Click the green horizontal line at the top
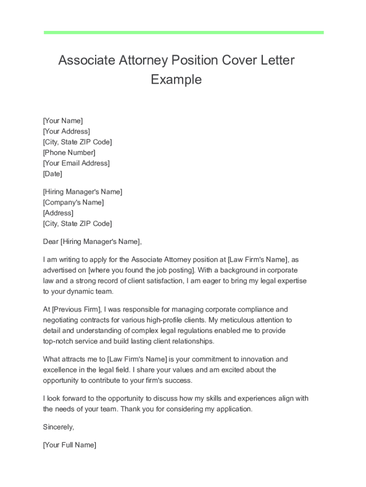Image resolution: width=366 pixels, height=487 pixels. (x=183, y=32)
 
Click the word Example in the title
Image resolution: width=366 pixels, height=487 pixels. (x=176, y=79)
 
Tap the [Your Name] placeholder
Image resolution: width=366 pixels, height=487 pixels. (x=63, y=121)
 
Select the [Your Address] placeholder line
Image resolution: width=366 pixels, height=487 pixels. (x=66, y=131)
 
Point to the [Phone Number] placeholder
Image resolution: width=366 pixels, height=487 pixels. (x=69, y=153)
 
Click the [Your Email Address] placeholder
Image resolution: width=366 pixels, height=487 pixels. (x=76, y=163)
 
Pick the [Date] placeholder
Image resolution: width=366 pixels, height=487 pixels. (x=52, y=174)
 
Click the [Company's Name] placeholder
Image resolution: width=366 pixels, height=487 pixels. (x=73, y=203)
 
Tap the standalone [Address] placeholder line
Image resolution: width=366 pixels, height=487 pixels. (x=58, y=213)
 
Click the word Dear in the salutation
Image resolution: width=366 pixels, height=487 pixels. (x=50, y=242)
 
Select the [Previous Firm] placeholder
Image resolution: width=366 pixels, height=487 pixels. (x=76, y=310)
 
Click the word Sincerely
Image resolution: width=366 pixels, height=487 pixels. (x=58, y=427)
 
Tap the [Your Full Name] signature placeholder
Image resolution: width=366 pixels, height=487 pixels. (x=69, y=445)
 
